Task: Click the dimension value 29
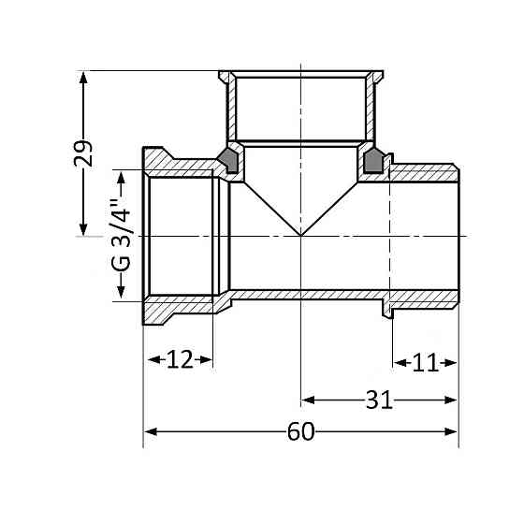(84, 153)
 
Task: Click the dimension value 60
(300, 432)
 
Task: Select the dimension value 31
(378, 400)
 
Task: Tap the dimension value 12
(178, 360)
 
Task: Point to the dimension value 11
(425, 362)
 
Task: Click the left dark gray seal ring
(227, 160)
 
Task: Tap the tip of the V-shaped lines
(300, 235)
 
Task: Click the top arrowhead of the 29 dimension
(84, 76)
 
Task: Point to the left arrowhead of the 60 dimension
(149, 432)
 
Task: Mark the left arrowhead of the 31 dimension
(306, 400)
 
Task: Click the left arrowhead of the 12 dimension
(149, 360)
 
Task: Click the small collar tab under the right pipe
(385, 307)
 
